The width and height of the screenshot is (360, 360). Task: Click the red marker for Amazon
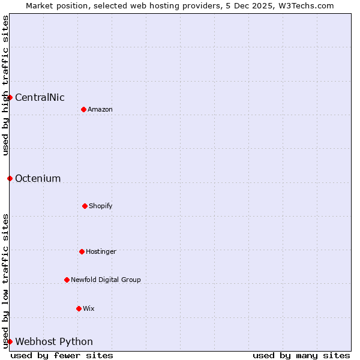coord(83,109)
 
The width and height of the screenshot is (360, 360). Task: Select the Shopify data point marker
coord(85,206)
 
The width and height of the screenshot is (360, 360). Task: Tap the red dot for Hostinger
coord(82,251)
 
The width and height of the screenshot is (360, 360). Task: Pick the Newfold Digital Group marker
coord(67,280)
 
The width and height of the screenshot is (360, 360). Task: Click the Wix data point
coord(79,308)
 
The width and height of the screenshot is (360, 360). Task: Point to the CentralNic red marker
coord(10,97)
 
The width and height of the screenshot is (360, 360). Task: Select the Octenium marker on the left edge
coord(10,178)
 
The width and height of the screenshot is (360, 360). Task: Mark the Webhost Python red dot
coord(10,341)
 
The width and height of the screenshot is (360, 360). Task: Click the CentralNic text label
coord(40,98)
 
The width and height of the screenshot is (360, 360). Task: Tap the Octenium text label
coord(38,179)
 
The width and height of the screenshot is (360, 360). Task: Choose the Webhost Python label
coord(54,342)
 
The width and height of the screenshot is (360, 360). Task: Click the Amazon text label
coord(100,109)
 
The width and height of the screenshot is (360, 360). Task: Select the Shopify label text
coord(101,206)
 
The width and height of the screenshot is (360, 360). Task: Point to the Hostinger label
coord(101,252)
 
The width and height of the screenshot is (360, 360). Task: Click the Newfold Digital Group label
coord(106,280)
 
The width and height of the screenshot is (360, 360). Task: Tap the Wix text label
coord(89,309)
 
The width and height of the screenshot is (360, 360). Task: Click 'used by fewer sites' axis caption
coord(62,355)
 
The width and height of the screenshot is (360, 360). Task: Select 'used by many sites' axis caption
coord(301,355)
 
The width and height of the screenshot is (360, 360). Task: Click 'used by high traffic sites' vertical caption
coord(5,85)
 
